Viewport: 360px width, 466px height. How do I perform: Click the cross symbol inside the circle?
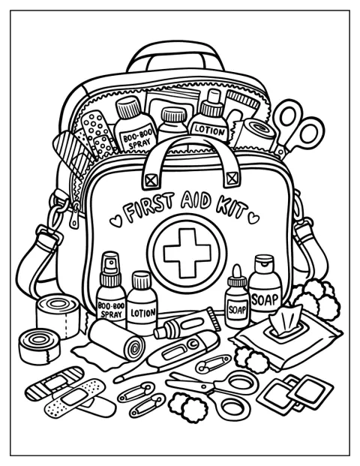tap(187, 253)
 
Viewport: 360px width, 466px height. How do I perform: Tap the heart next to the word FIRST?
tap(115, 221)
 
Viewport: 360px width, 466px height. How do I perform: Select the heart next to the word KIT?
tap(253, 218)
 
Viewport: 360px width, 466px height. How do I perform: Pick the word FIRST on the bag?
tap(149, 206)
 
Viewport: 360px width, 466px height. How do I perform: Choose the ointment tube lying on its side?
tap(187, 323)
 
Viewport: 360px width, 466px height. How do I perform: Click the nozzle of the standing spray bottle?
tap(111, 263)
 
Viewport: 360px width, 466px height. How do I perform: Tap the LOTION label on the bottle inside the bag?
tap(208, 131)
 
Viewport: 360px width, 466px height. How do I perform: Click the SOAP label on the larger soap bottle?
tap(265, 299)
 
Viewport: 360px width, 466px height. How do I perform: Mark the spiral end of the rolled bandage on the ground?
tap(134, 347)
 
